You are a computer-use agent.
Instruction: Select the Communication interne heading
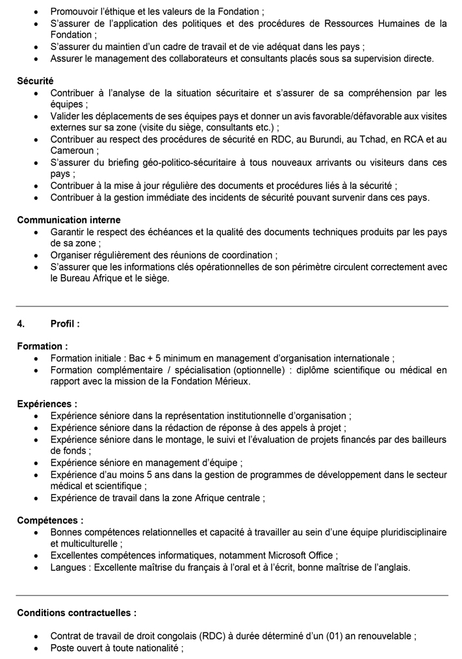tap(68, 220)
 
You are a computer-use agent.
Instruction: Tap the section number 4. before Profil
tap(21, 323)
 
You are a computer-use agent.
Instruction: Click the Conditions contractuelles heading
tap(77, 612)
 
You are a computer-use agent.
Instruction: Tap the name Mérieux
tap(230, 381)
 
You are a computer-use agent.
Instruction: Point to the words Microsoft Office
tap(300, 555)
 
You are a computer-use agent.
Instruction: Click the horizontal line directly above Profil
tap(232, 306)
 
